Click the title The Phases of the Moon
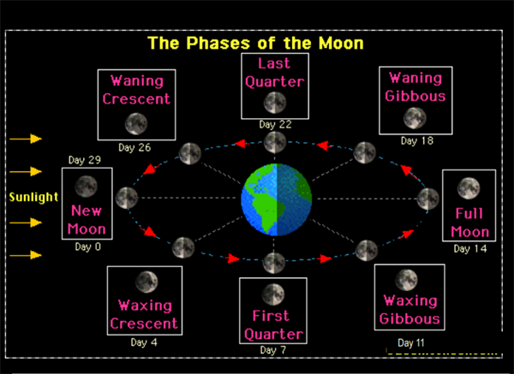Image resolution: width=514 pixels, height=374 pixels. click(255, 42)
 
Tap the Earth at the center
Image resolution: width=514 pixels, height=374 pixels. click(274, 198)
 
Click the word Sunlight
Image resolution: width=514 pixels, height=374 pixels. click(33, 197)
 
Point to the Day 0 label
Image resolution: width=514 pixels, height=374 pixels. click(87, 246)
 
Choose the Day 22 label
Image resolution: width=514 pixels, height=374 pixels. click(274, 124)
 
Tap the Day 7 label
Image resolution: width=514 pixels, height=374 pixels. click(274, 349)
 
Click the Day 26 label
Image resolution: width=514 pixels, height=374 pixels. click(134, 147)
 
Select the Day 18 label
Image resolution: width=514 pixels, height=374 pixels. click(415, 140)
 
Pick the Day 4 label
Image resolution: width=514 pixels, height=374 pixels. click(145, 342)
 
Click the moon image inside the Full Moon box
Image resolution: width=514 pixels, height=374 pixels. click(468, 187)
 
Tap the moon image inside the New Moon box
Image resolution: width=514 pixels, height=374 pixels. click(86, 185)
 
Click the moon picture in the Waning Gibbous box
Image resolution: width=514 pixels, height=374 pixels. click(415, 117)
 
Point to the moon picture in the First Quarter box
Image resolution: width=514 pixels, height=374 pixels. click(274, 293)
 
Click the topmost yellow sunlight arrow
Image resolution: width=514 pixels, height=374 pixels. click(25, 138)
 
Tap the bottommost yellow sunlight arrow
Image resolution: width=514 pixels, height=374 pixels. click(25, 255)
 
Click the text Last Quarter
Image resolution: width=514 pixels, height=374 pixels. click(274, 74)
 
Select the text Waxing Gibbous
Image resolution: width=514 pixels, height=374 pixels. click(412, 311)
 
